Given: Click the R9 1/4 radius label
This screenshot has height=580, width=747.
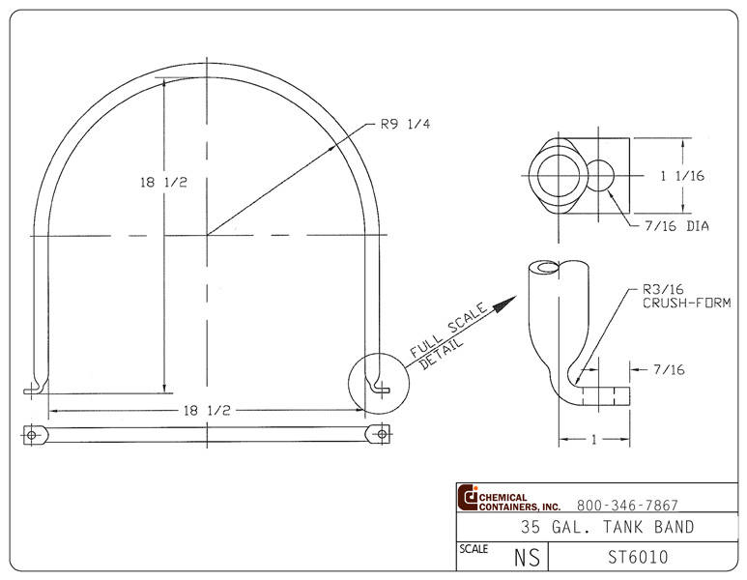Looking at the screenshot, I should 405,125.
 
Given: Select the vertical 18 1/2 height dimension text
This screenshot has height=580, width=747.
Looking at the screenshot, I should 162,183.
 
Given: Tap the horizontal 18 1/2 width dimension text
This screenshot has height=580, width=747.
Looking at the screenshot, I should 206,410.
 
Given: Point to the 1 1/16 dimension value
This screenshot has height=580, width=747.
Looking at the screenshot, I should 682,176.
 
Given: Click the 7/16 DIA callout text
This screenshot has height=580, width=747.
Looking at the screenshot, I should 677,226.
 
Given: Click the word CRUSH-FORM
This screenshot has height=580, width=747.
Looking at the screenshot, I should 686,303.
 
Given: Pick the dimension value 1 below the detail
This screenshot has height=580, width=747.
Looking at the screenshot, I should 594,439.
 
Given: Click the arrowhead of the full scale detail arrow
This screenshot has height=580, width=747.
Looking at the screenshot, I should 502,303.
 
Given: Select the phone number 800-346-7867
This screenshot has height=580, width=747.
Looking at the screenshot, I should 627,505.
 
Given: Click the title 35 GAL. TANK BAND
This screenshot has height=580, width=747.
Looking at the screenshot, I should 607,528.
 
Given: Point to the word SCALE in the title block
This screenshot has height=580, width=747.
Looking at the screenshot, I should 474,549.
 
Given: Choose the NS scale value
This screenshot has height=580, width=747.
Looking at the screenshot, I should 527,558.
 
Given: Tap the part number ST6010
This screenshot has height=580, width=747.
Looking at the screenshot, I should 638,557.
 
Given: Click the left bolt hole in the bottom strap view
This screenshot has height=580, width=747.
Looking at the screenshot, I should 32,435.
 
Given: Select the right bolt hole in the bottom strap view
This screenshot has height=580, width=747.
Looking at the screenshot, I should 382,435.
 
